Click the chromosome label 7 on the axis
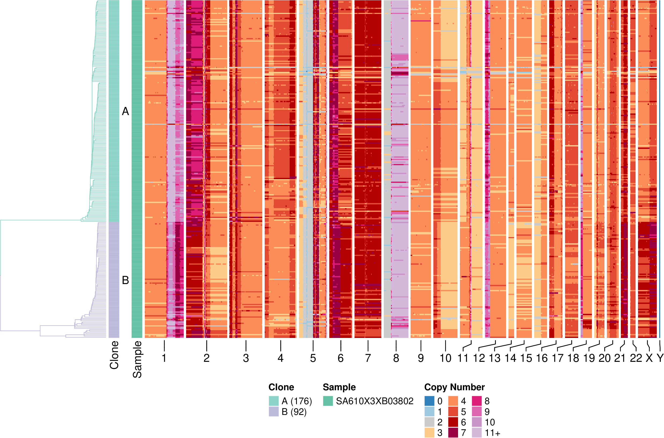tap(368, 358)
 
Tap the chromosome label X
tap(649, 358)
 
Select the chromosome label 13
tap(495, 358)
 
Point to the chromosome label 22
tap(636, 358)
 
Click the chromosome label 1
tap(164, 358)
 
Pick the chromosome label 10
tap(445, 358)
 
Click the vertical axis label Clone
tap(114, 355)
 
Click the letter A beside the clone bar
tap(126, 112)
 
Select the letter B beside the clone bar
tap(126, 280)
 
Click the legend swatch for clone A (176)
tap(274, 401)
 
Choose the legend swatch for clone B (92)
tap(274, 412)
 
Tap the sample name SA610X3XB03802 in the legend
tap(374, 401)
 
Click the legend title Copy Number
tap(454, 387)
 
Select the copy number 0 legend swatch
tap(429, 401)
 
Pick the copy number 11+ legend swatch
tap(477, 433)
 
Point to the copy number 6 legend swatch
tap(453, 422)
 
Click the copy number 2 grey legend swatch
tap(429, 422)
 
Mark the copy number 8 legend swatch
tap(477, 401)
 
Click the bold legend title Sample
tap(339, 387)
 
